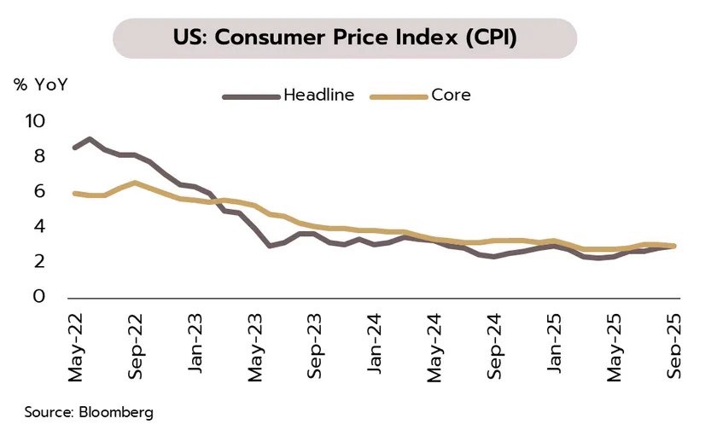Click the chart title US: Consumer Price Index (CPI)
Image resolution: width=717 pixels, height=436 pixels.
(x=345, y=38)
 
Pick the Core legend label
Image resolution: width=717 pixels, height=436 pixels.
(x=451, y=96)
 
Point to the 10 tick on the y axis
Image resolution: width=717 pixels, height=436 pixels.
(x=34, y=121)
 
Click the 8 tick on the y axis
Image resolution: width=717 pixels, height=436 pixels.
(x=38, y=156)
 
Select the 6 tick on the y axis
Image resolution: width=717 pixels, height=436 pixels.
(x=38, y=192)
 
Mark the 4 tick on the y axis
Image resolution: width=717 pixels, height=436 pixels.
(x=38, y=227)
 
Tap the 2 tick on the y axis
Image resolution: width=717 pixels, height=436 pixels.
(x=38, y=262)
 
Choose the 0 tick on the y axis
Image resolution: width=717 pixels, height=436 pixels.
(x=38, y=297)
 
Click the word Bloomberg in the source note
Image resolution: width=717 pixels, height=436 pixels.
(x=119, y=413)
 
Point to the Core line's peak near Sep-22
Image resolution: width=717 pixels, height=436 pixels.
(x=135, y=183)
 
